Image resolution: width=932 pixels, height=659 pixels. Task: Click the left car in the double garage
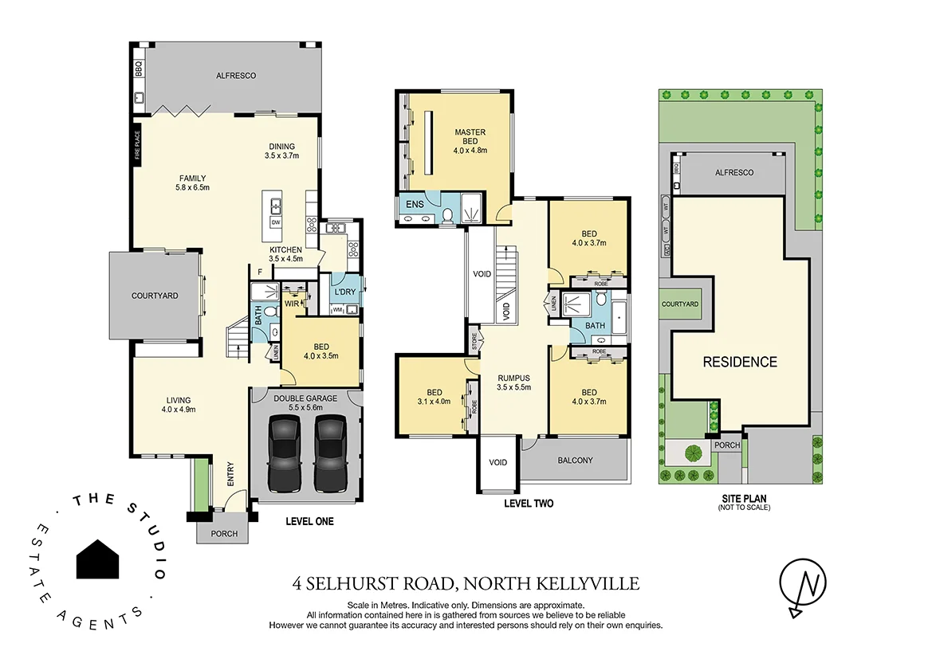pyautogui.click(x=285, y=453)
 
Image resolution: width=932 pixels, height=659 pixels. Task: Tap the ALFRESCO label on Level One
pyautogui.click(x=235, y=76)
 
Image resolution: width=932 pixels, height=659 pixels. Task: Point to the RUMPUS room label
pyautogui.click(x=513, y=378)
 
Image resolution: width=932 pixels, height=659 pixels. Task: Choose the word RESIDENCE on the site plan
pyautogui.click(x=739, y=362)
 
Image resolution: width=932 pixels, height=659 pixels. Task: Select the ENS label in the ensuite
pyautogui.click(x=415, y=205)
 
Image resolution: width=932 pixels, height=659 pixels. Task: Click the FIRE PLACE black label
pyautogui.click(x=137, y=146)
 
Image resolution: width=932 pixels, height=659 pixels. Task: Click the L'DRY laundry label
pyautogui.click(x=344, y=291)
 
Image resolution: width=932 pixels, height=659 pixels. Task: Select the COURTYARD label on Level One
pyautogui.click(x=155, y=296)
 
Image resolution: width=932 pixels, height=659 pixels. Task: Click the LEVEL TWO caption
pyautogui.click(x=529, y=504)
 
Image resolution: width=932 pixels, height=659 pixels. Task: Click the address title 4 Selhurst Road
pyautogui.click(x=466, y=584)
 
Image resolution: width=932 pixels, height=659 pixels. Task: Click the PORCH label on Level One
pyautogui.click(x=224, y=533)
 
